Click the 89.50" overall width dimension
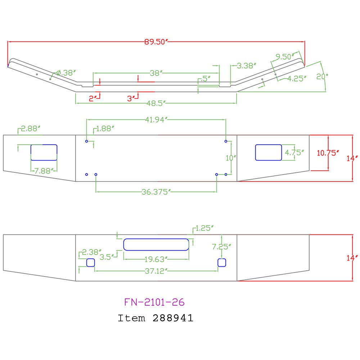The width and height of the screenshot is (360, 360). [x=156, y=42]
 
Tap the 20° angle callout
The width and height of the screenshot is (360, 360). [x=322, y=76]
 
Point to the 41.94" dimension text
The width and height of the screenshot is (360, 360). [x=156, y=120]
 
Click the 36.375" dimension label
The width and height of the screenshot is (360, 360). [x=156, y=192]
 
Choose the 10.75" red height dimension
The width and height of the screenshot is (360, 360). [x=328, y=153]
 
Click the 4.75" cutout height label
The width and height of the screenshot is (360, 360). [x=294, y=152]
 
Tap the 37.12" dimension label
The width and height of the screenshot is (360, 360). [x=156, y=271]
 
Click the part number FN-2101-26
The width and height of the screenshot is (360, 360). [x=154, y=302]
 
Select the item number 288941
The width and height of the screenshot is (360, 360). [x=173, y=318]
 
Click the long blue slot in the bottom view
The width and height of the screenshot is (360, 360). [x=156, y=244]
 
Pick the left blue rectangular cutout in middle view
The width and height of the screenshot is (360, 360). [x=44, y=152]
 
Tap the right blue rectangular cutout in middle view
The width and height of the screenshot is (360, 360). [x=269, y=152]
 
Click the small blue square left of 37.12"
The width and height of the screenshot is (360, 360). [x=90, y=263]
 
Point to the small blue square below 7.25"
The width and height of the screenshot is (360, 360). [x=222, y=263]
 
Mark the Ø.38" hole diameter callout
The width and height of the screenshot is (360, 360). [x=66, y=73]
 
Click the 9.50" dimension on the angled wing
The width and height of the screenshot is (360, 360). [x=285, y=57]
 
